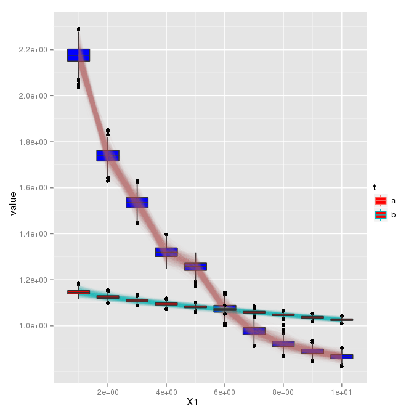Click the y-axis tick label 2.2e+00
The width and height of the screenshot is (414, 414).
click(34, 50)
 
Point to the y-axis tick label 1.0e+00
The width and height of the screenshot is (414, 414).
click(34, 326)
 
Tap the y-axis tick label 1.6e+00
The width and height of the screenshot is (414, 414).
click(34, 188)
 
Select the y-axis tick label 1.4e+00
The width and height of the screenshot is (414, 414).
click(34, 234)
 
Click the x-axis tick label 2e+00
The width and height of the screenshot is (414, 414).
click(108, 391)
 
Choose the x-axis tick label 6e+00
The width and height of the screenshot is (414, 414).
click(225, 391)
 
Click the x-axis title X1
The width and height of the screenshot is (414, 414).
click(210, 402)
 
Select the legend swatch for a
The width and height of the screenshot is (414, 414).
click(380, 201)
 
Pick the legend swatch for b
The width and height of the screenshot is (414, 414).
click(380, 214)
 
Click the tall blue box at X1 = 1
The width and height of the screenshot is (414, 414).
click(78, 55)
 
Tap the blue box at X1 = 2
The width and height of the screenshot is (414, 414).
click(108, 155)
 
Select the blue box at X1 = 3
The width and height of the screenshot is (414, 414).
click(137, 203)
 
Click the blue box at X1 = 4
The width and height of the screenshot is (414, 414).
click(166, 252)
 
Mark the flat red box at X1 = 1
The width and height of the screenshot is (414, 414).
click(78, 292)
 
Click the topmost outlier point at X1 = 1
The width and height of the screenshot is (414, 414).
click(79, 29)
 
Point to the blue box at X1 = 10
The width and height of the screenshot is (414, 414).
click(341, 357)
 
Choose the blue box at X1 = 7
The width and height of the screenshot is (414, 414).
click(254, 331)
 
